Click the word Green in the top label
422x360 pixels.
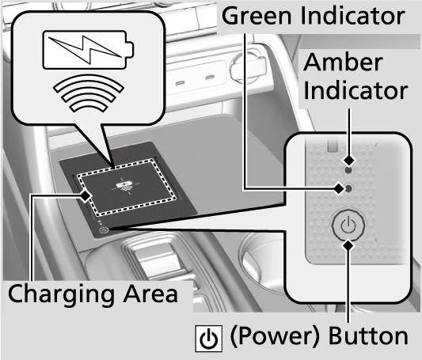257,16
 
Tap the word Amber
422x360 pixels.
343,63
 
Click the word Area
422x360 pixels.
150,294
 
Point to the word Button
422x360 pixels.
368,335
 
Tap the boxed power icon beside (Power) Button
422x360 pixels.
208,339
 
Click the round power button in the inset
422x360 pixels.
348,225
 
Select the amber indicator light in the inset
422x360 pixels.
348,170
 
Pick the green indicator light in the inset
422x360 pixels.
348,189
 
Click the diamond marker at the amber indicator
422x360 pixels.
349,161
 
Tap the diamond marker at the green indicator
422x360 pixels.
339,189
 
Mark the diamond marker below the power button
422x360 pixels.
348,245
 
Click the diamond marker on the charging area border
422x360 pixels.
86,195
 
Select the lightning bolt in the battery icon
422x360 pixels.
85,50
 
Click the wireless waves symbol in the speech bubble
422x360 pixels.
88,93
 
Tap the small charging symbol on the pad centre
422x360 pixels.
125,186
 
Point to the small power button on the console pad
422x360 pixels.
104,230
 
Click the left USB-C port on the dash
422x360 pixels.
180,83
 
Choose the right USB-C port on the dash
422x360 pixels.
210,78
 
